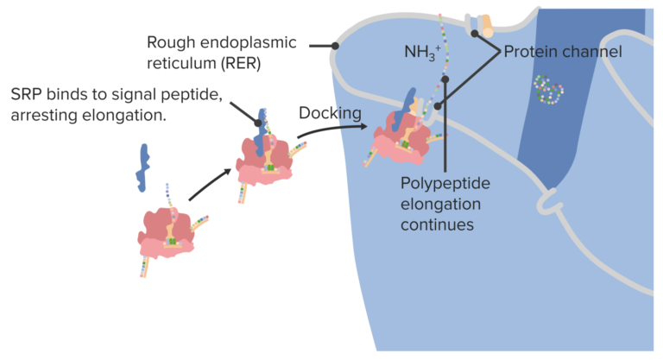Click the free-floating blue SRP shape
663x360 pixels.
142,167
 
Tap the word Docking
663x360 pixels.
329,113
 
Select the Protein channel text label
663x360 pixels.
563,52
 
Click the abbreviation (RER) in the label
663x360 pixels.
234,63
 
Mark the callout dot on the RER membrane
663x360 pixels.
336,46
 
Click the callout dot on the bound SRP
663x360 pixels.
257,123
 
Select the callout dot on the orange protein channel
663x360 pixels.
474,34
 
